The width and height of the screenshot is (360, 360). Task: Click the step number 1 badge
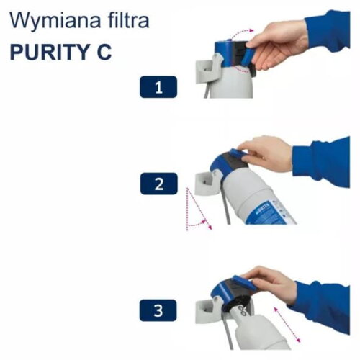pos(158,88)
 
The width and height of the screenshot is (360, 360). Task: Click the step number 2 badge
pos(158,184)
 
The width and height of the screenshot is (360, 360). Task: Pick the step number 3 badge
pos(158,311)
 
